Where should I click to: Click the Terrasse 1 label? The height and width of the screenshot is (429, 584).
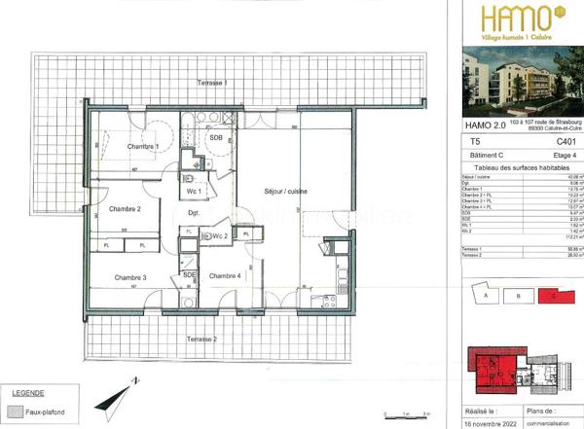tap(212, 83)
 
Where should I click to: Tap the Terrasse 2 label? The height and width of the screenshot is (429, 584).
tap(201, 338)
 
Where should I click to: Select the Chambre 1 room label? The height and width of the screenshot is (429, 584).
tap(144, 145)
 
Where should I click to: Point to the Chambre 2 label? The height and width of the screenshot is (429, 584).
tap(126, 209)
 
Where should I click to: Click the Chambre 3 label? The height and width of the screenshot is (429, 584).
tap(129, 278)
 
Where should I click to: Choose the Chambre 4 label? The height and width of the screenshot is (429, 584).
tap(225, 275)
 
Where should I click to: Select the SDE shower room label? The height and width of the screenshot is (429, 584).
tap(189, 275)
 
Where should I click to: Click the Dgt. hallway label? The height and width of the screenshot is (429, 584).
tap(194, 213)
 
